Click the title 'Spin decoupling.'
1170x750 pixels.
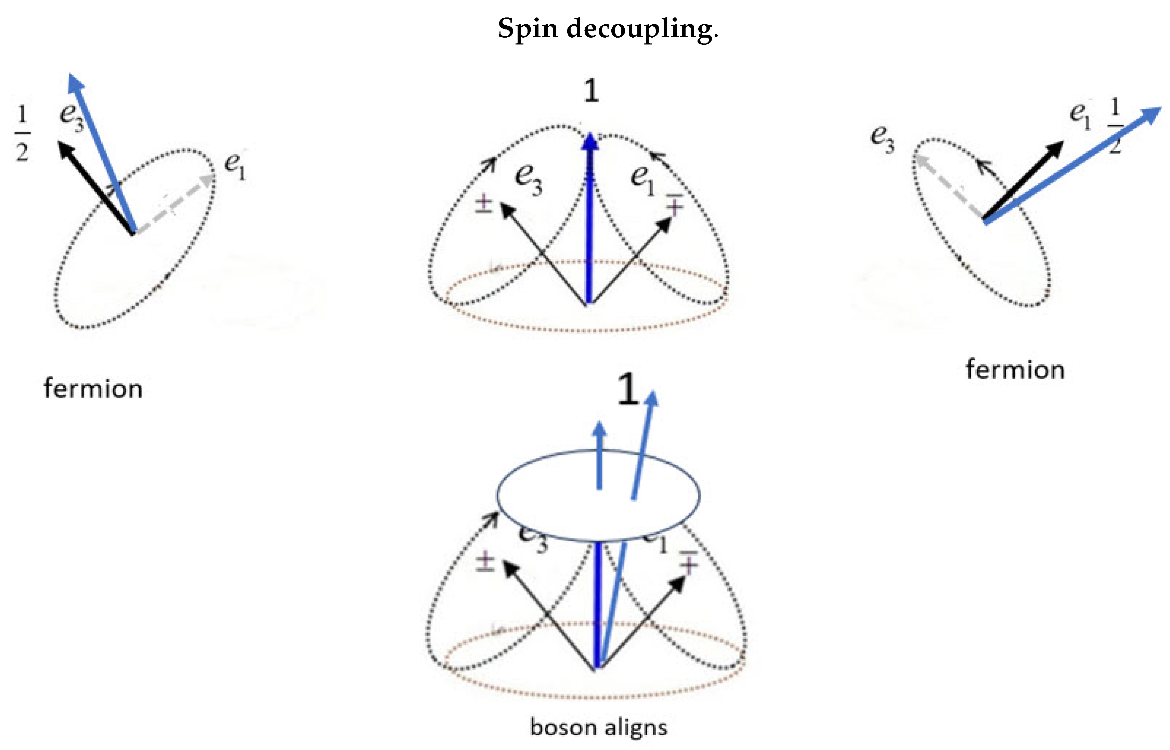tap(608, 28)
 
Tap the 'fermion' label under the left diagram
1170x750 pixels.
tap(93, 389)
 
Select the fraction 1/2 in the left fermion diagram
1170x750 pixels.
tap(22, 133)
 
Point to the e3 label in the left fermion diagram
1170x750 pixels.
tap(71, 117)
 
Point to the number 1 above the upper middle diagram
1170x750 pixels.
tap(591, 91)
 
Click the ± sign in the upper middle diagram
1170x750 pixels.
tap(483, 204)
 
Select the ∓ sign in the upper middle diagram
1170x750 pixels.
tap(674, 204)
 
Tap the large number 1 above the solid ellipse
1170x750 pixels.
tap(628, 390)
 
